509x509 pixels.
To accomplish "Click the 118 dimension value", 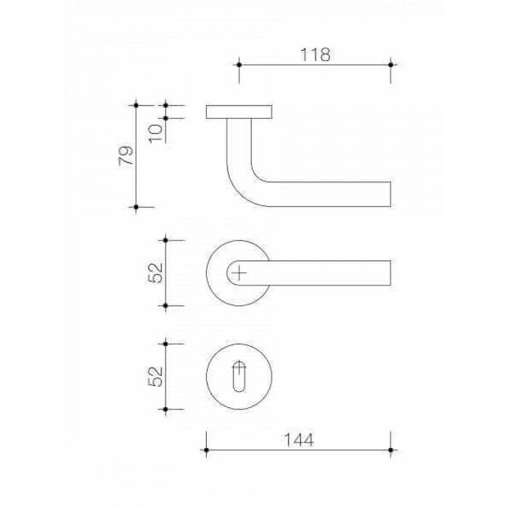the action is (316, 55).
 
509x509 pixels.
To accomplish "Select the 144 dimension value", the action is (299, 440).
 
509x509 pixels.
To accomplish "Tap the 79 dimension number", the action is (126, 155).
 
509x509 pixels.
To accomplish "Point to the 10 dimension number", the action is (156, 133).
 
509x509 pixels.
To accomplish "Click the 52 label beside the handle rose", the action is (155, 273).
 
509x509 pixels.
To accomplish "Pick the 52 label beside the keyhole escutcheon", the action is (155, 377).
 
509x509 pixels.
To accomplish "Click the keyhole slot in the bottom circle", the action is (239, 377).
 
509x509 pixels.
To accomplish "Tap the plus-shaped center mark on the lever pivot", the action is (239, 273).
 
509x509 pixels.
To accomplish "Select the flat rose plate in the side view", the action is (239, 112).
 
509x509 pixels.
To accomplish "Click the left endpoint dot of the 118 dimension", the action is (239, 65).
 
